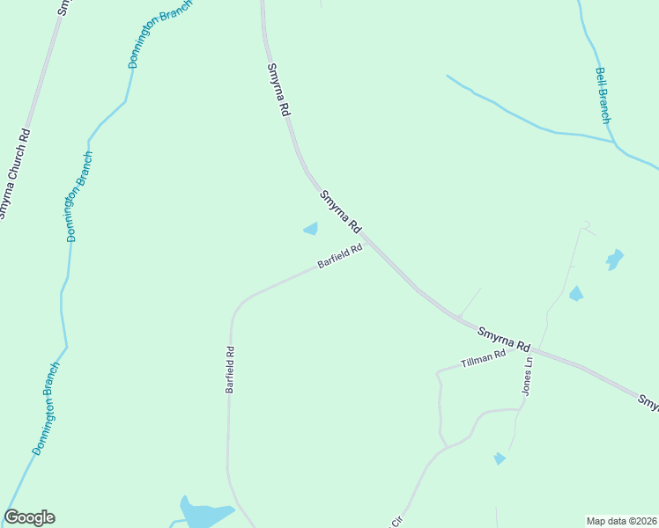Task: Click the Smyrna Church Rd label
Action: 15,173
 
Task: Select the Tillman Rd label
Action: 484,359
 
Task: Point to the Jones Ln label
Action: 528,376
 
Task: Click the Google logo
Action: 29,517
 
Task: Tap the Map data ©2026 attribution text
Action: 622,520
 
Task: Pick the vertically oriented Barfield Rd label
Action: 229,369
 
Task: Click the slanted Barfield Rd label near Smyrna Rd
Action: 340,257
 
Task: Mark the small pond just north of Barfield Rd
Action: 311,229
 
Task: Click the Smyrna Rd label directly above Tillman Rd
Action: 503,338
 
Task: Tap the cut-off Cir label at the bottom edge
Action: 396,522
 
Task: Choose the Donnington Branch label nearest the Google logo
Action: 46,408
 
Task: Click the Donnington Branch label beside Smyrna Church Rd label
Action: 80,196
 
